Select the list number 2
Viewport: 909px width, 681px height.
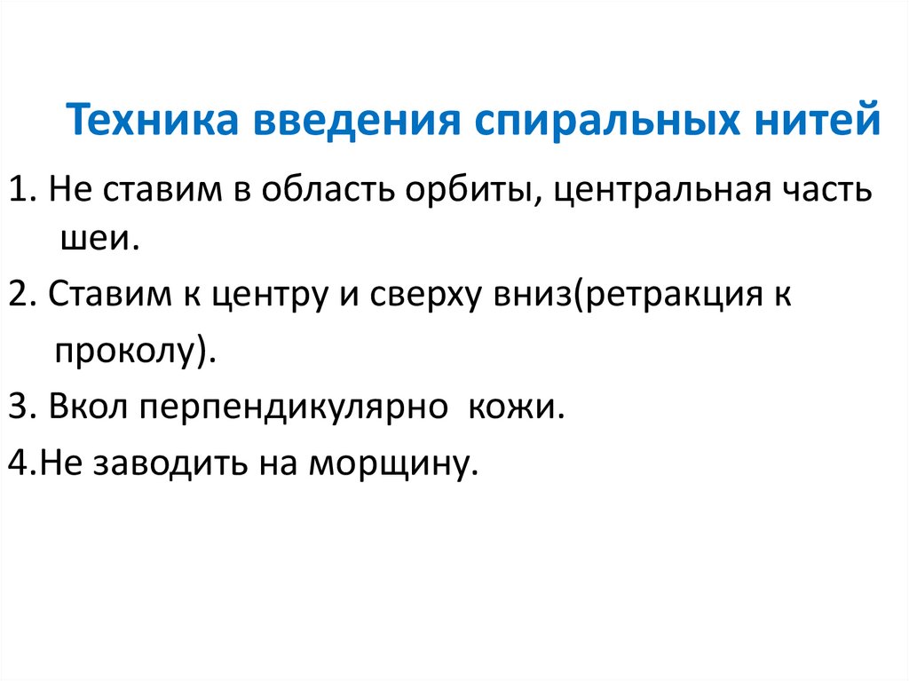pos(18,294)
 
